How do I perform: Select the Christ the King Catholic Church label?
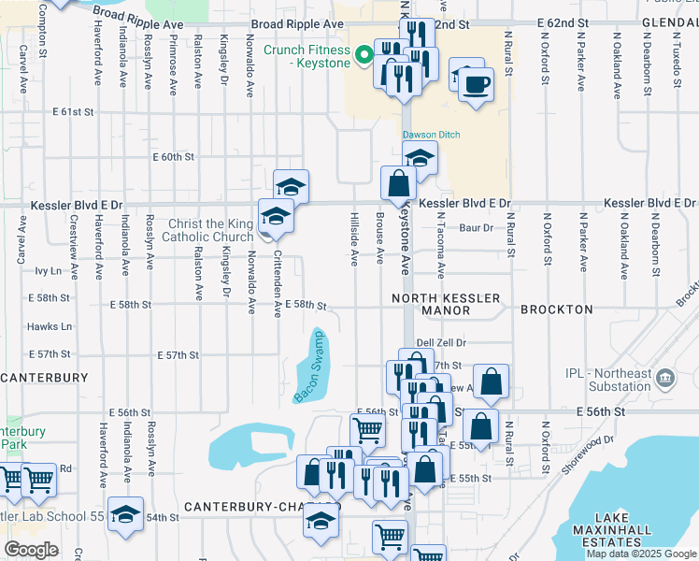tap(210, 230)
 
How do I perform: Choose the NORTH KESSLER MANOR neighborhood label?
tap(446, 304)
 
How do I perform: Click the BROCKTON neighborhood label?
tap(557, 309)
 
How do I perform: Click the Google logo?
tap(31, 550)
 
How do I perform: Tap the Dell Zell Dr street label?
tap(441, 344)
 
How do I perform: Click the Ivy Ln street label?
tap(47, 271)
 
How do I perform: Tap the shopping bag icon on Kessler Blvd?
tap(398, 182)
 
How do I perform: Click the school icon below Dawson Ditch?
tap(420, 158)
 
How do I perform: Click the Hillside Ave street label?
tap(354, 239)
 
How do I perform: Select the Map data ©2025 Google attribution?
tap(641, 554)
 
